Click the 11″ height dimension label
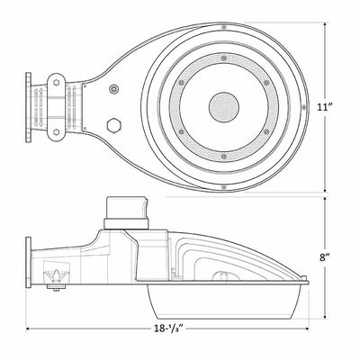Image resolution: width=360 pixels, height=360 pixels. click(324, 107)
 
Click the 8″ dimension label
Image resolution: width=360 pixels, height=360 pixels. click(325, 257)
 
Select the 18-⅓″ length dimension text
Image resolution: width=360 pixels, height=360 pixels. click(168, 328)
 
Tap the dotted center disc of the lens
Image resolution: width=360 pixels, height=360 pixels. click(224, 107)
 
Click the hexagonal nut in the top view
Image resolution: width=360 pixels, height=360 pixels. click(113, 125)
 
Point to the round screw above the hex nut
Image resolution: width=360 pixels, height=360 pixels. click(113, 89)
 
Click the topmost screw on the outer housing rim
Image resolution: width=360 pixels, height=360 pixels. click(224, 27)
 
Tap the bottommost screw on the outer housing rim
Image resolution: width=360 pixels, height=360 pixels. click(224, 187)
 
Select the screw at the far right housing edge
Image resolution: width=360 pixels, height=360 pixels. click(304, 107)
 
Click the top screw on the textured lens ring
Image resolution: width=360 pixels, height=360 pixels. click(223, 58)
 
